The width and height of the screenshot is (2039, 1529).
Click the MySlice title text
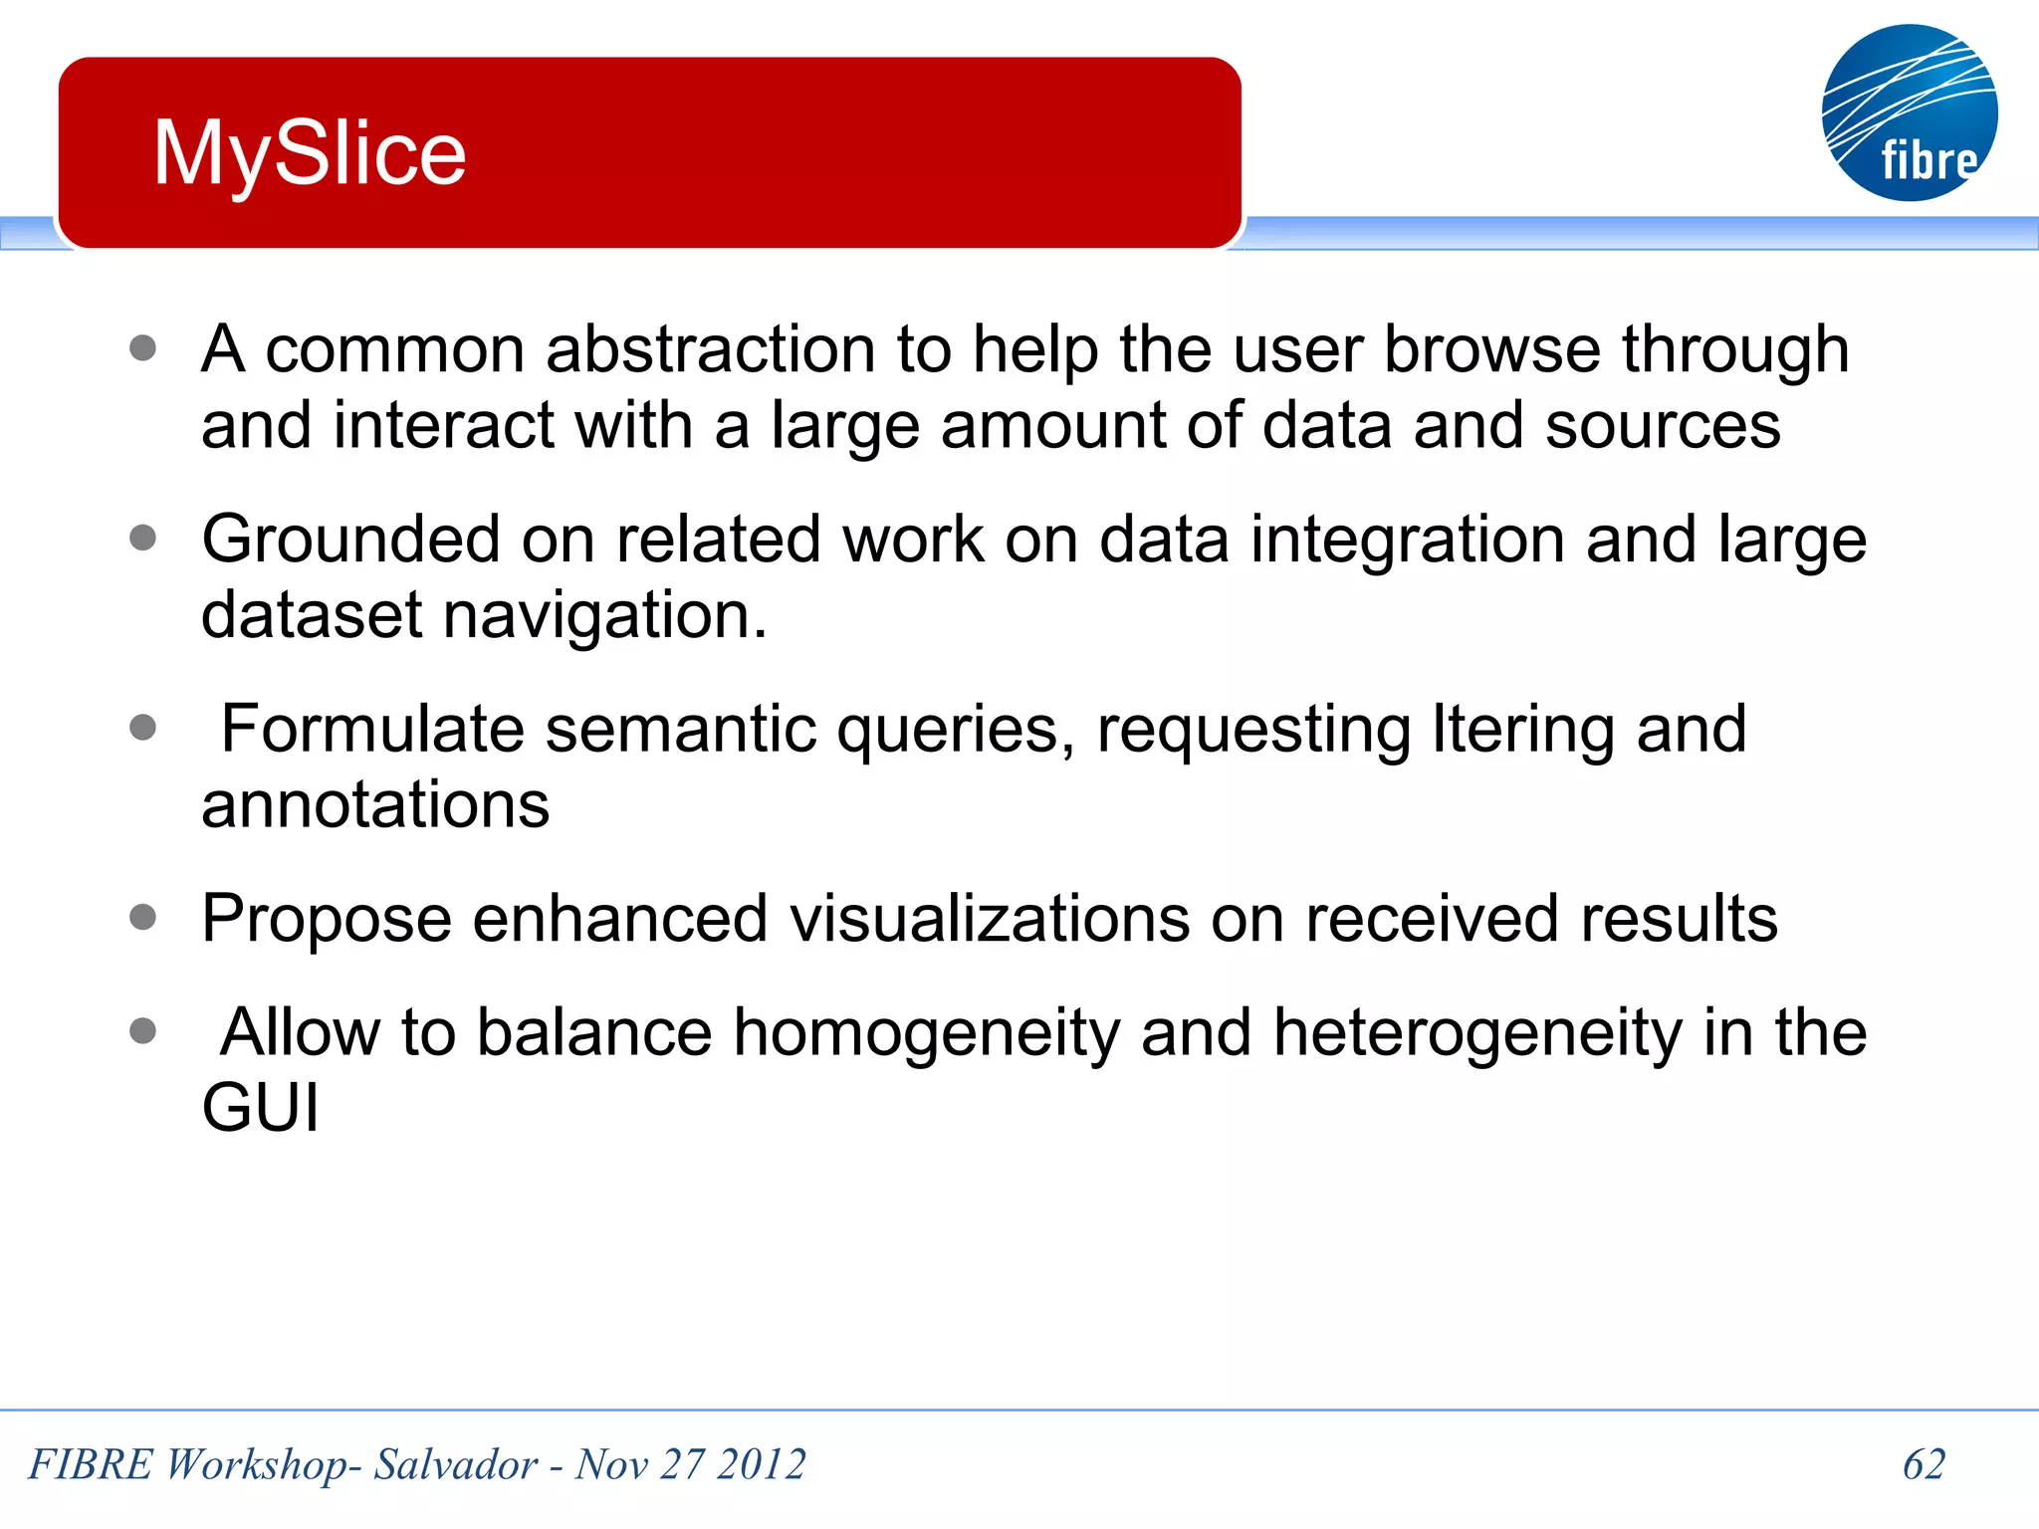point(310,153)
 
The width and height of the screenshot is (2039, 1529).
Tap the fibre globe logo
point(1909,112)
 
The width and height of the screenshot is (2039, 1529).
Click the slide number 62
point(1923,1464)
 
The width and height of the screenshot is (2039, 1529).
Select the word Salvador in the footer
point(455,1464)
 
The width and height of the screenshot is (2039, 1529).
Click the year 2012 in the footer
point(761,1464)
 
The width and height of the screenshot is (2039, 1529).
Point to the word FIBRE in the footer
point(91,1464)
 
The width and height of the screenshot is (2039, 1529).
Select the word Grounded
point(350,540)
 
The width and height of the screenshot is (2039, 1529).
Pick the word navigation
point(604,615)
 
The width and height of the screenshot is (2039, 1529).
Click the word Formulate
point(371,729)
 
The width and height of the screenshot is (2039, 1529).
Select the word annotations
point(375,804)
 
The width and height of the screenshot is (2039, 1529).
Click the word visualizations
point(990,918)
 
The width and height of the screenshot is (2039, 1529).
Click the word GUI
point(260,1108)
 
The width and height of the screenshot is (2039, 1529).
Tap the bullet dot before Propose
point(143,917)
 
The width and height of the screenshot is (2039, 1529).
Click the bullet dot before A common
point(143,347)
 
